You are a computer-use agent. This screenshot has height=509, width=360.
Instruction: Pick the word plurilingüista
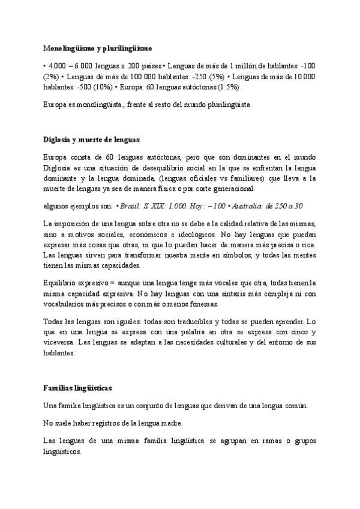point(222,104)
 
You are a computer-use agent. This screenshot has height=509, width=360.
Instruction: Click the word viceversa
point(59,342)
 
